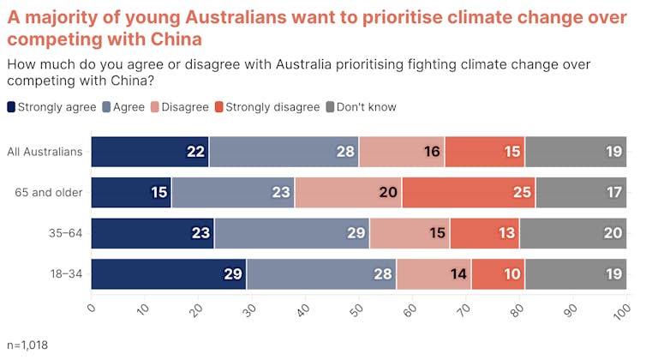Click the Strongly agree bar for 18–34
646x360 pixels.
(x=169, y=274)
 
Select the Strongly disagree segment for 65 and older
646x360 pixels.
(x=468, y=192)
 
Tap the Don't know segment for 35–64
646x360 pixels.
(x=573, y=233)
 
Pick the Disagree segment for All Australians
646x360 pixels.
(x=402, y=152)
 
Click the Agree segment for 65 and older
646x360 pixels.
(x=233, y=192)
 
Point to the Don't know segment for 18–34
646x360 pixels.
(x=576, y=274)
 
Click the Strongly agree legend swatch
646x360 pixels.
(x=11, y=107)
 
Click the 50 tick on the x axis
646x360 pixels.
(x=359, y=306)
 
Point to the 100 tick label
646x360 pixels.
(x=624, y=307)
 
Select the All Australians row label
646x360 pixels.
(x=45, y=152)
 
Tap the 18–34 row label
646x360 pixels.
(x=65, y=274)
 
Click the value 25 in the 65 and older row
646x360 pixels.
(x=523, y=192)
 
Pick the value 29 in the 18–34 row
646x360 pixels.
(x=233, y=274)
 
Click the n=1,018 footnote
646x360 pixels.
(x=27, y=345)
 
